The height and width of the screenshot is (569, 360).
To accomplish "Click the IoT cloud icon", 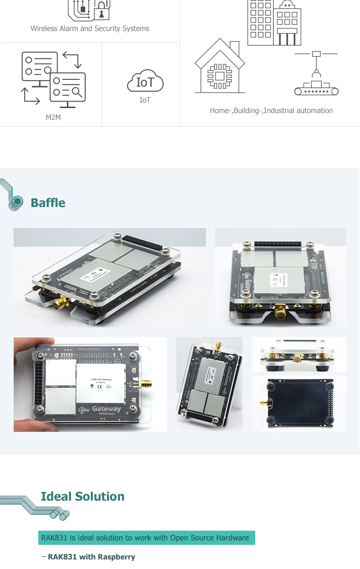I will pyautogui.click(x=145, y=82).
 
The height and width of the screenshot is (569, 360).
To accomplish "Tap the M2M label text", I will pyautogui.click(x=53, y=118).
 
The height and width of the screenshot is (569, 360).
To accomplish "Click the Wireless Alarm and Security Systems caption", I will pyautogui.click(x=90, y=29).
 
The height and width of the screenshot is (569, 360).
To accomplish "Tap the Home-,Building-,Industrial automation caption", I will pyautogui.click(x=271, y=111).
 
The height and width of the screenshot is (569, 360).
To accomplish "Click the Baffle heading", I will pyautogui.click(x=48, y=203).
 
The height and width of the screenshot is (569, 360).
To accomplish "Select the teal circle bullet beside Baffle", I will pyautogui.click(x=17, y=201).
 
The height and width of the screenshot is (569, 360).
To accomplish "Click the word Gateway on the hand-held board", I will pyautogui.click(x=107, y=409).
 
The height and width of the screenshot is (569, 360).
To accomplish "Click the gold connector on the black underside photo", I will pyautogui.click(x=264, y=403).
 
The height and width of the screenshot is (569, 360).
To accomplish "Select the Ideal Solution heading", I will pyautogui.click(x=82, y=497).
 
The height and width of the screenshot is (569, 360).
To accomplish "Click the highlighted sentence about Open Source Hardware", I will pyautogui.click(x=145, y=538).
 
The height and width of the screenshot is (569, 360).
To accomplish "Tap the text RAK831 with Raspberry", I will pyautogui.click(x=91, y=557).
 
